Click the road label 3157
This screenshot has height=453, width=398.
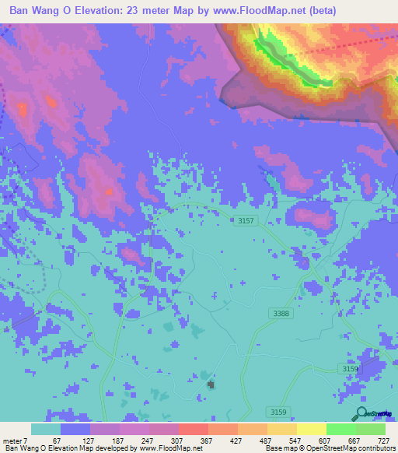click(246, 222)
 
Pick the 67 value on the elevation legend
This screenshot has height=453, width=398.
click(54, 441)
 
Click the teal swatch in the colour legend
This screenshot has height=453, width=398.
click(46, 429)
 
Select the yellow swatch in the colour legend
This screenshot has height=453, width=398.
click(311, 429)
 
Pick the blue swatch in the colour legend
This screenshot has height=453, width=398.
click(75, 429)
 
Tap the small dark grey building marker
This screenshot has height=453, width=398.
click(211, 384)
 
